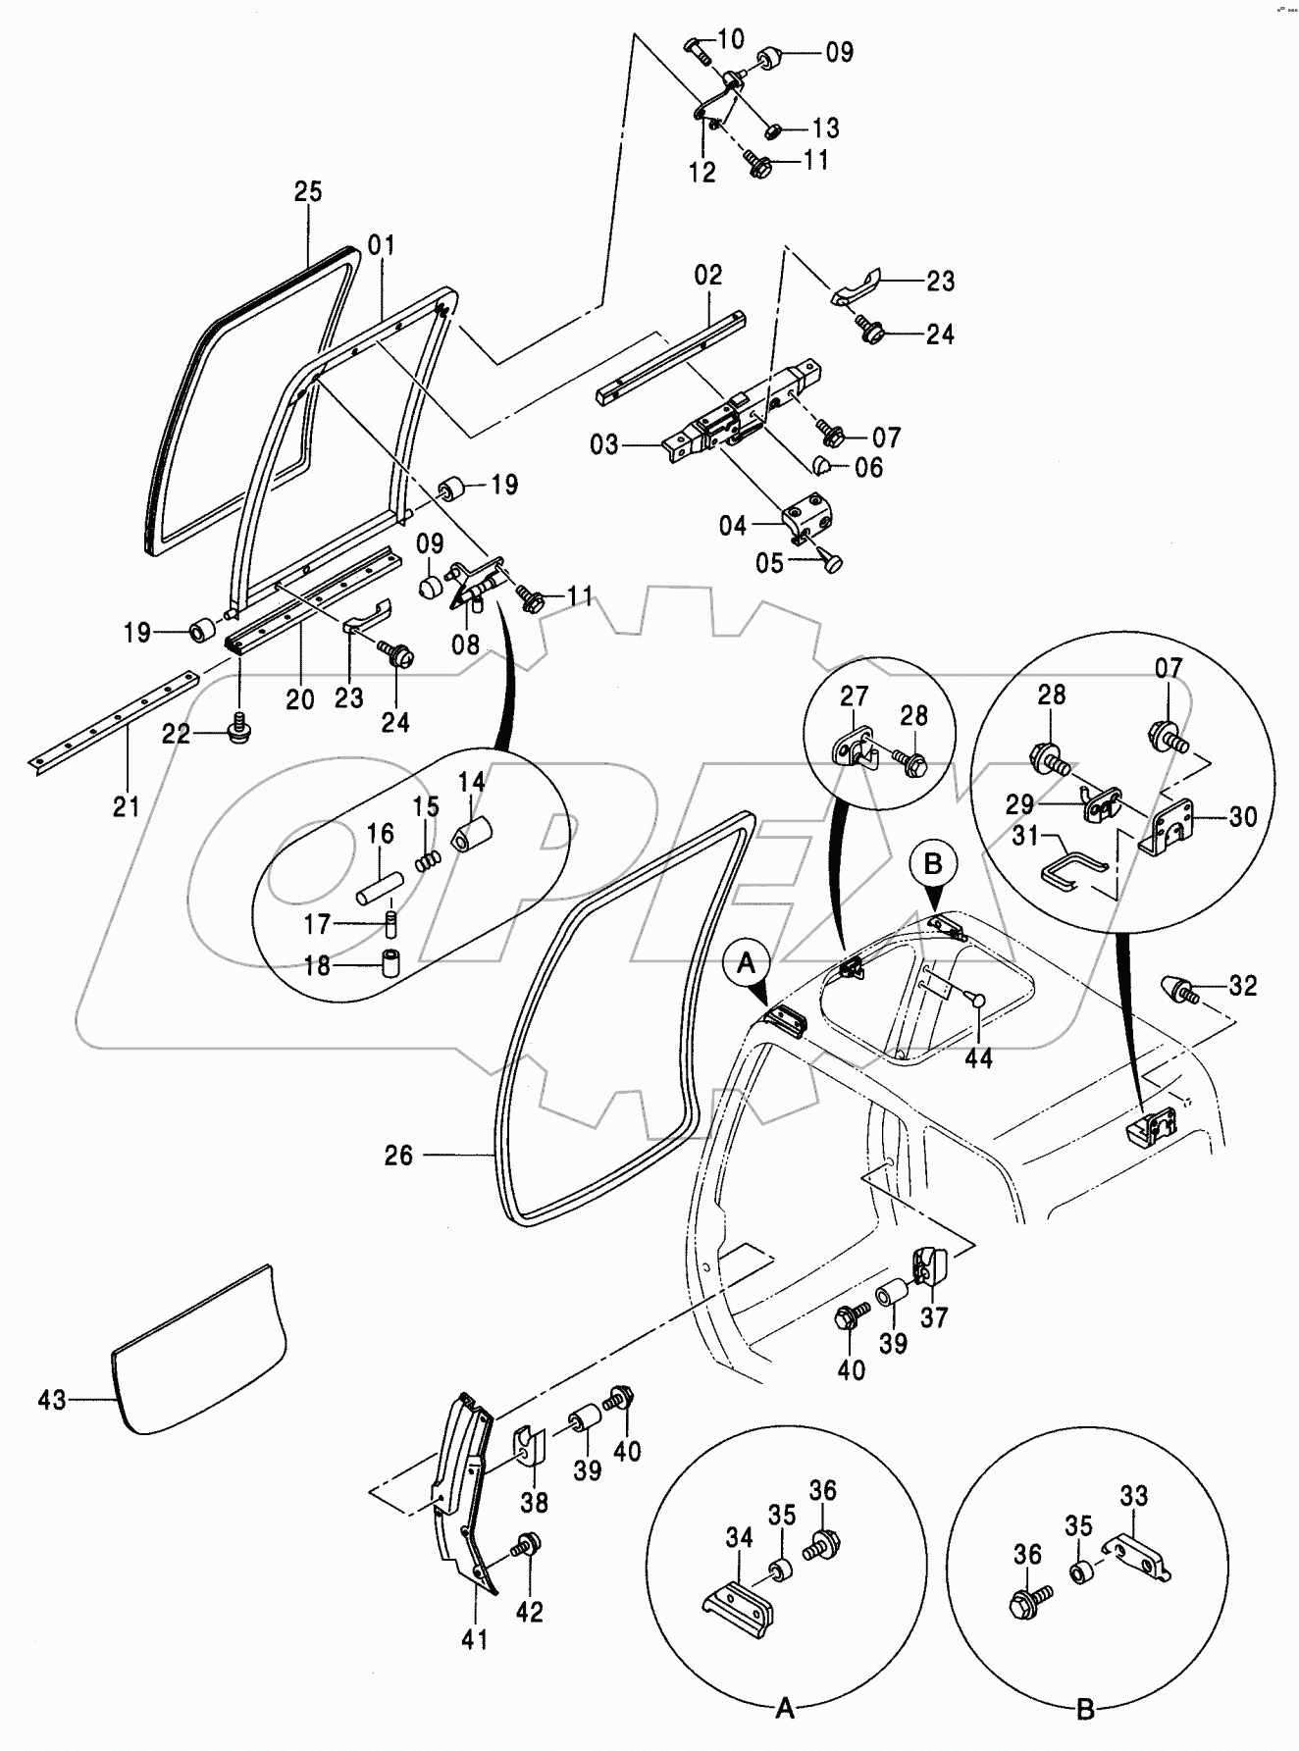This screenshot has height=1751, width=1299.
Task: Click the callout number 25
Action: click(308, 191)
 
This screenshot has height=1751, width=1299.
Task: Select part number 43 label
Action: click(52, 1400)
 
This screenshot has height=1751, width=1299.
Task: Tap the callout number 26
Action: click(398, 1156)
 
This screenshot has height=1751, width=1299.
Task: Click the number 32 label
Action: click(1242, 985)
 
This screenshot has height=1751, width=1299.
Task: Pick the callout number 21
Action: click(126, 806)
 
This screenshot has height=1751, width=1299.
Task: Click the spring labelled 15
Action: click(427, 859)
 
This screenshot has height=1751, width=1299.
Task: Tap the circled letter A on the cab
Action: click(747, 964)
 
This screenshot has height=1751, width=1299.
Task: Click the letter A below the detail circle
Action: click(784, 1710)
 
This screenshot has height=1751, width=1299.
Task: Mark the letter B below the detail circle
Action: click(1084, 1710)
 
